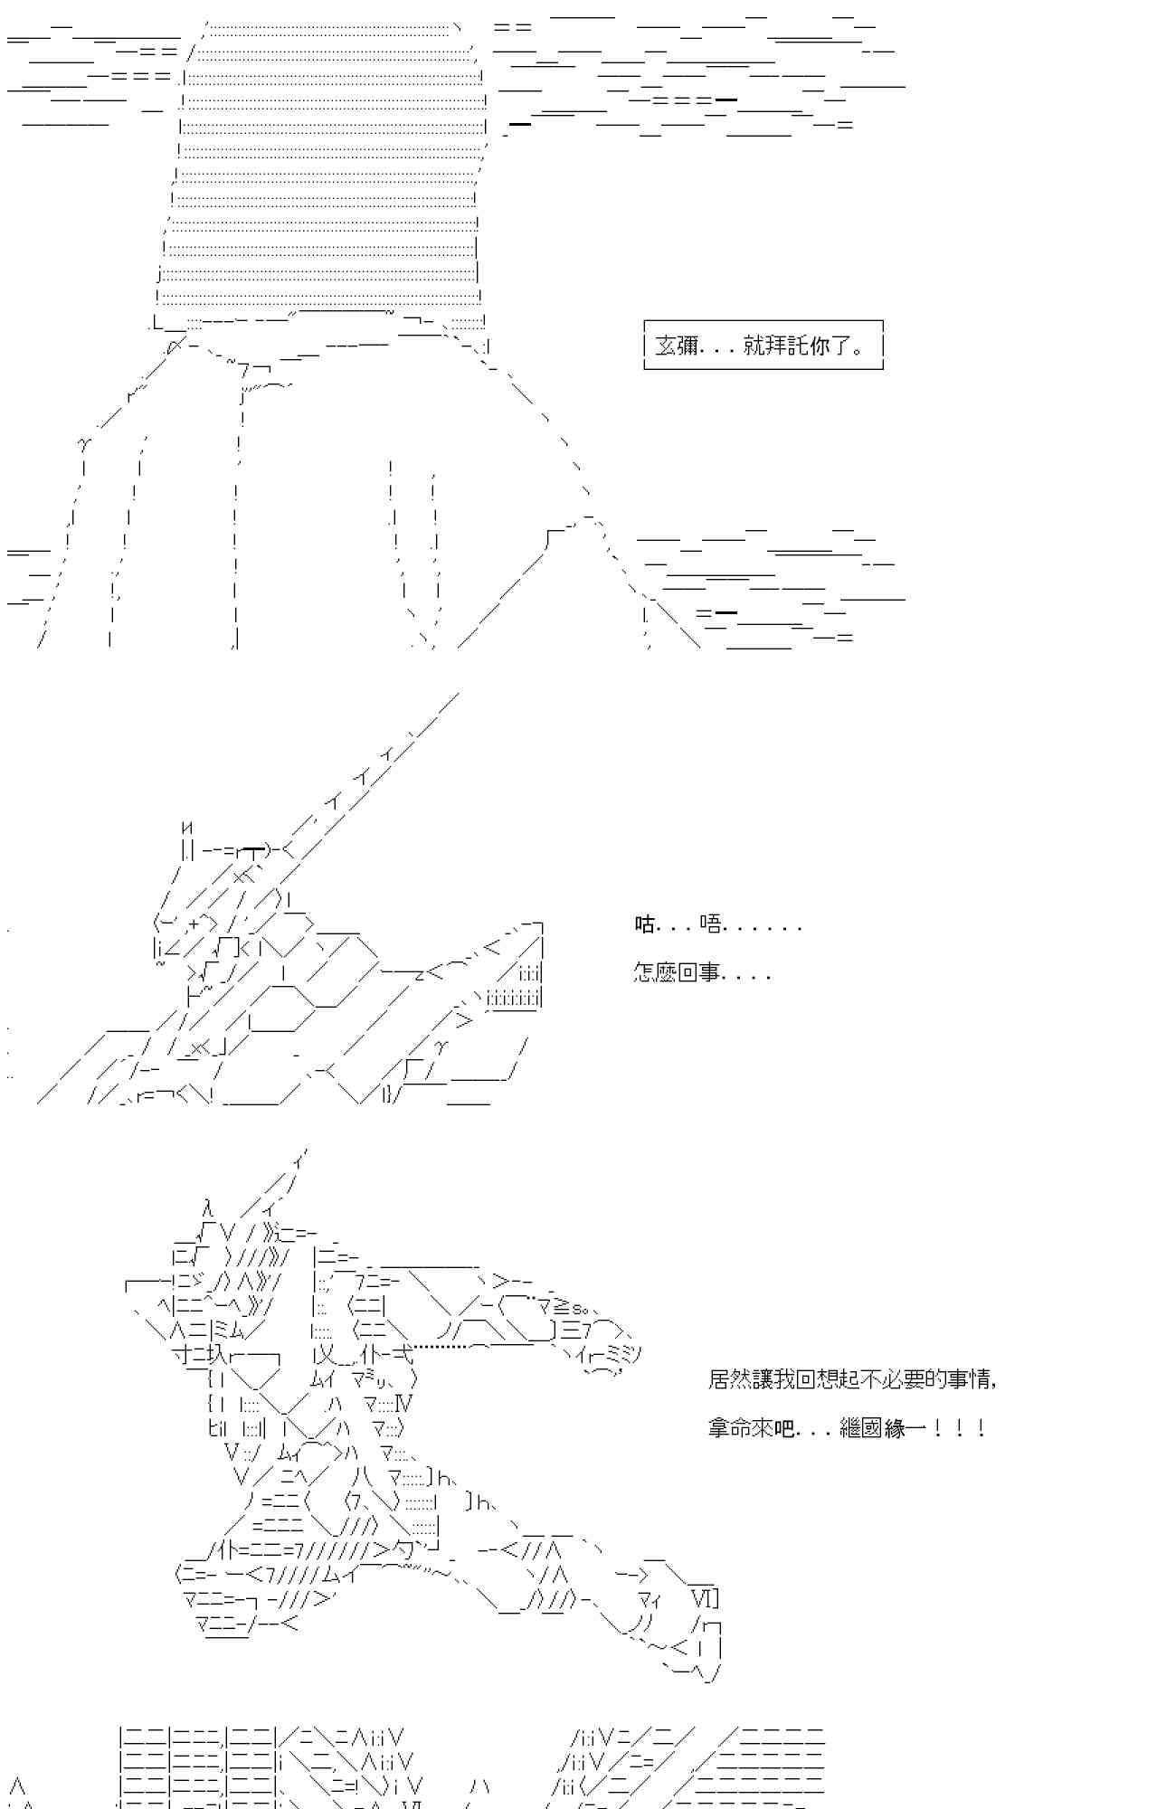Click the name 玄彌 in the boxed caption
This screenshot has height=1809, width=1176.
(676, 346)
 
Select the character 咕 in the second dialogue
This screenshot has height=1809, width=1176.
(644, 924)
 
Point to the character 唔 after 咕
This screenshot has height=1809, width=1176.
(711, 924)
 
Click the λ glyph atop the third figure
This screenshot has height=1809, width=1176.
(208, 1208)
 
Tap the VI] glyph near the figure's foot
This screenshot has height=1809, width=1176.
(704, 1596)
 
